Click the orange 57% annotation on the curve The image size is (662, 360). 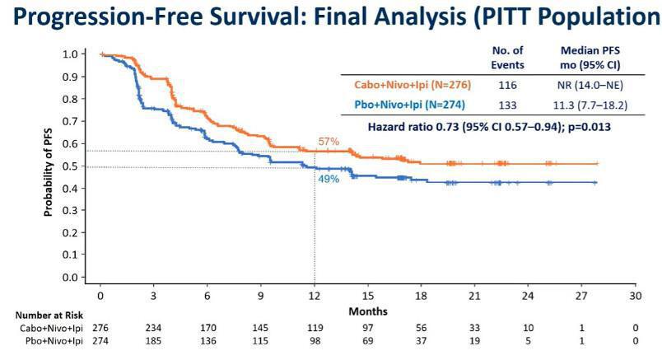(329, 141)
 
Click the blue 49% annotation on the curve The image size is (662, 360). (329, 178)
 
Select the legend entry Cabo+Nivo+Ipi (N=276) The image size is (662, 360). (412, 85)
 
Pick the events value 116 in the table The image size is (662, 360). (507, 85)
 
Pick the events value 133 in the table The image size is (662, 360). (507, 105)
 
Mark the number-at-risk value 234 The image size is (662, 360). (154, 327)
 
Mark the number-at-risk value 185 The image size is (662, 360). (154, 339)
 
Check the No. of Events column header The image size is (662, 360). (507, 57)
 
